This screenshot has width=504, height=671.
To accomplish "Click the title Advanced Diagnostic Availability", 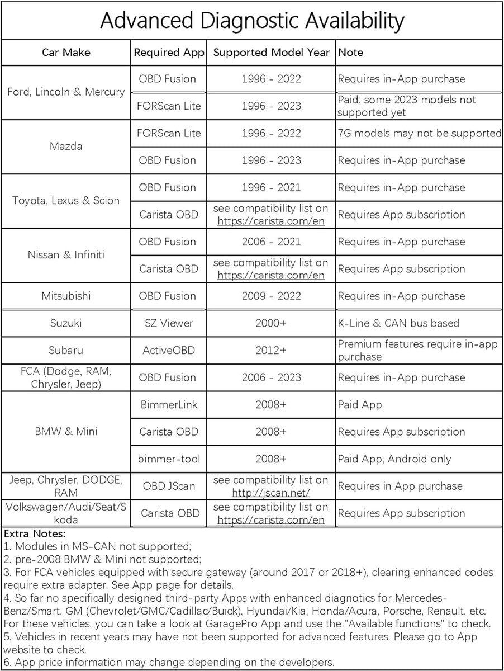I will coord(251,21).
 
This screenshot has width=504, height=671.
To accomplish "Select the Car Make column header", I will coord(66,53).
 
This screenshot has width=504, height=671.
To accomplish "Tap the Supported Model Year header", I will coord(271,53).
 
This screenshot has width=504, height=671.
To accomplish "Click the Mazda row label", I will coord(66,147).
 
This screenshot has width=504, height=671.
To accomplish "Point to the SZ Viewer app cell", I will coord(168,323).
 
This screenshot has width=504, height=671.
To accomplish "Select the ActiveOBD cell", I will coord(168,350).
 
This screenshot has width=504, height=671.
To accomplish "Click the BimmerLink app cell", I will coord(168,404).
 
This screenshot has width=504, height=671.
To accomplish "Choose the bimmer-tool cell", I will coord(168,459).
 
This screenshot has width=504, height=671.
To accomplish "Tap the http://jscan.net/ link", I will coord(271,493).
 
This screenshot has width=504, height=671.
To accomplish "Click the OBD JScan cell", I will coord(168,486).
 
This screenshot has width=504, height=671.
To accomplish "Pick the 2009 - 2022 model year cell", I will coord(271,296).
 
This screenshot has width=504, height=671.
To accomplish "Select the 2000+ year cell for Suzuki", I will coord(271,323).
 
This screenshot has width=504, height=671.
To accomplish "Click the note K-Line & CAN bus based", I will coord(398,323).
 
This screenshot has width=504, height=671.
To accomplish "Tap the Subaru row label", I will coord(66,350).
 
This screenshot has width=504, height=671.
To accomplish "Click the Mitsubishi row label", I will coord(66,296).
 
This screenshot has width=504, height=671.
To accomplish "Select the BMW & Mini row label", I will coord(66,432).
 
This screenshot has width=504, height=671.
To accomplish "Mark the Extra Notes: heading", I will coord(34,534).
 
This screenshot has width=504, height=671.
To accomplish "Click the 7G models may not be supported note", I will coord(420,133).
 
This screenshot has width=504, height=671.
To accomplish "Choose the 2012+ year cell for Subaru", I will coord(271,350).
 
